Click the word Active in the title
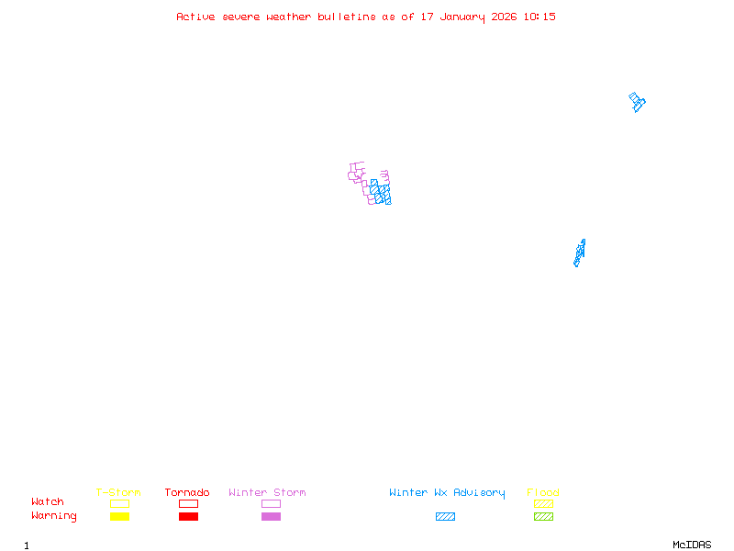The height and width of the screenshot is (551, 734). tap(195, 17)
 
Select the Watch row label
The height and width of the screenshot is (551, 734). tap(48, 502)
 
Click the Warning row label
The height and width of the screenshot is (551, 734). tap(54, 516)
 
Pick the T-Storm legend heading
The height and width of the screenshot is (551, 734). tap(118, 492)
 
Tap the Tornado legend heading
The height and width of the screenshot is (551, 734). tap(187, 492)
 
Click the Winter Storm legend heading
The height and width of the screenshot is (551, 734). tap(267, 492)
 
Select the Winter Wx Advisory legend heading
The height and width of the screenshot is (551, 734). tap(447, 492)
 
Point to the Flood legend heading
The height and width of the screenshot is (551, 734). tap(543, 492)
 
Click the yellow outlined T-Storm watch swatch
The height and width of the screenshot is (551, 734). tap(119, 503)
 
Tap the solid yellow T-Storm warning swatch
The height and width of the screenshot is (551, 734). tap(119, 516)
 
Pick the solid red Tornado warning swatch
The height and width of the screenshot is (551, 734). tap(188, 516)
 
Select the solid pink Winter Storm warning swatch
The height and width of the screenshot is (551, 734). tap(271, 516)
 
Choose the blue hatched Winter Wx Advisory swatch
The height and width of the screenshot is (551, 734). tap(445, 516)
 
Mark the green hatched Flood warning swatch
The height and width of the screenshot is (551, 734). tap(543, 516)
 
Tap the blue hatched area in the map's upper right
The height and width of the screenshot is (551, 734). tap(637, 101)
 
